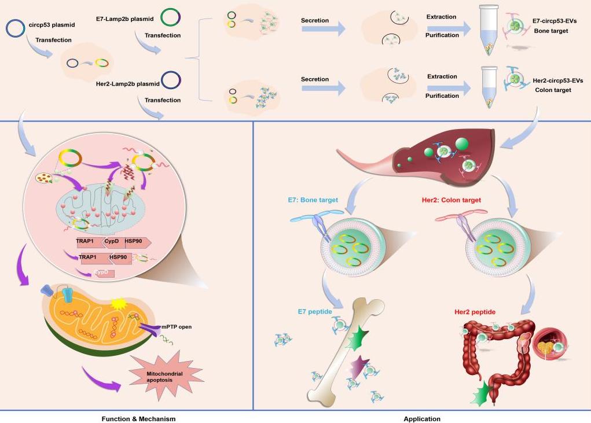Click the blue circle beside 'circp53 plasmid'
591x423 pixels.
pos(16,28)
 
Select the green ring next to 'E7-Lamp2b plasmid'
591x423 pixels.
pos(170,17)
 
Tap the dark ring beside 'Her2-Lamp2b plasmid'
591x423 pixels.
pos(170,80)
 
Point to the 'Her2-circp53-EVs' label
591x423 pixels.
pos(557,80)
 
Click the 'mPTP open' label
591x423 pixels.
pos(177,327)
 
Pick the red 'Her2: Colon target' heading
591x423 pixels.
pos(451,200)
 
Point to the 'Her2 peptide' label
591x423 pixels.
pos(475,312)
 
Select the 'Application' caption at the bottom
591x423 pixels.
pos(422,418)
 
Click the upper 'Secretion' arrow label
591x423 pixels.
pos(315,21)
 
